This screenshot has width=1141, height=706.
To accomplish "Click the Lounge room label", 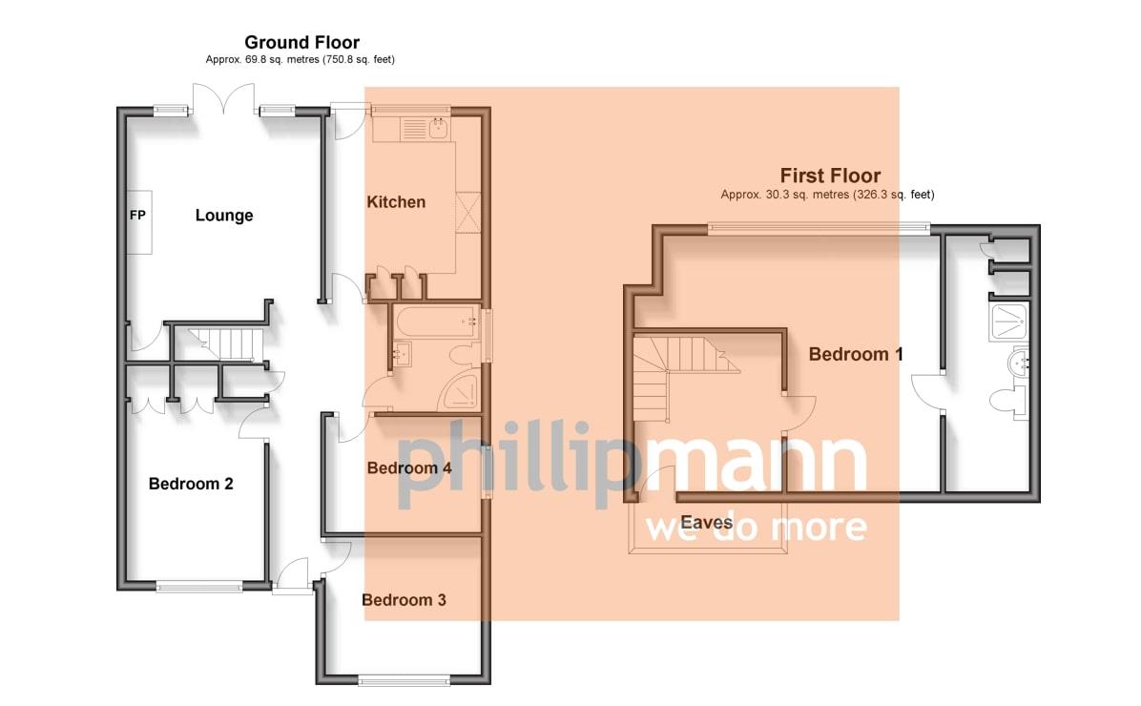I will coord(224,216).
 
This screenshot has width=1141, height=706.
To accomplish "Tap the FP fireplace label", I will coord(137,215).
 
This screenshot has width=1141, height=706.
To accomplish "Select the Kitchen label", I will coord(396,202).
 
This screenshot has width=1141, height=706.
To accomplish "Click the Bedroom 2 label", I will coord(191,484).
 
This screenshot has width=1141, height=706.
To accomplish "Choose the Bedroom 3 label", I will coord(404,600).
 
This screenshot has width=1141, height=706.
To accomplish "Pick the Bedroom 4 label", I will coord(409,468).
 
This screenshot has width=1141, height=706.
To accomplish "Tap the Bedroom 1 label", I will coord(856,355).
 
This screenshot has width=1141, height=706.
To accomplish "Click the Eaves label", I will coord(707,522).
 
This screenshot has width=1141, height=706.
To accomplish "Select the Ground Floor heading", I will coord(301,42).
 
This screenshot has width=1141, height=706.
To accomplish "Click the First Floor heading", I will coord(830,176).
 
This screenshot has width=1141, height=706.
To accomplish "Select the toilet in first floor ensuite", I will coord(1009,402).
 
